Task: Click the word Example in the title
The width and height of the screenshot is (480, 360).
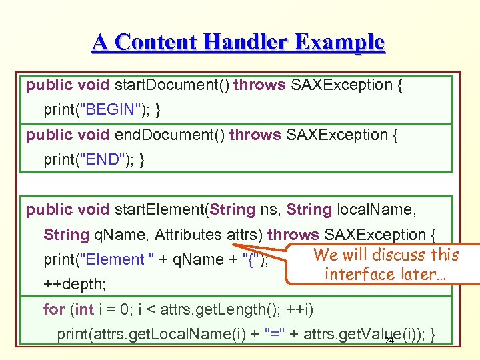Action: tap(342, 42)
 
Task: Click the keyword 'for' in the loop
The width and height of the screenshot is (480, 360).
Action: tap(53, 309)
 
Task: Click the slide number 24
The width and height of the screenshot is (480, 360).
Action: tap(390, 341)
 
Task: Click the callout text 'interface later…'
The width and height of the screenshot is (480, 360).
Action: tap(385, 274)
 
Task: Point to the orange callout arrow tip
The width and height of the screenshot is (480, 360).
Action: tap(235, 246)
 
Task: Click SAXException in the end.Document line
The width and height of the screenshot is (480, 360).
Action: tap(335, 135)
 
